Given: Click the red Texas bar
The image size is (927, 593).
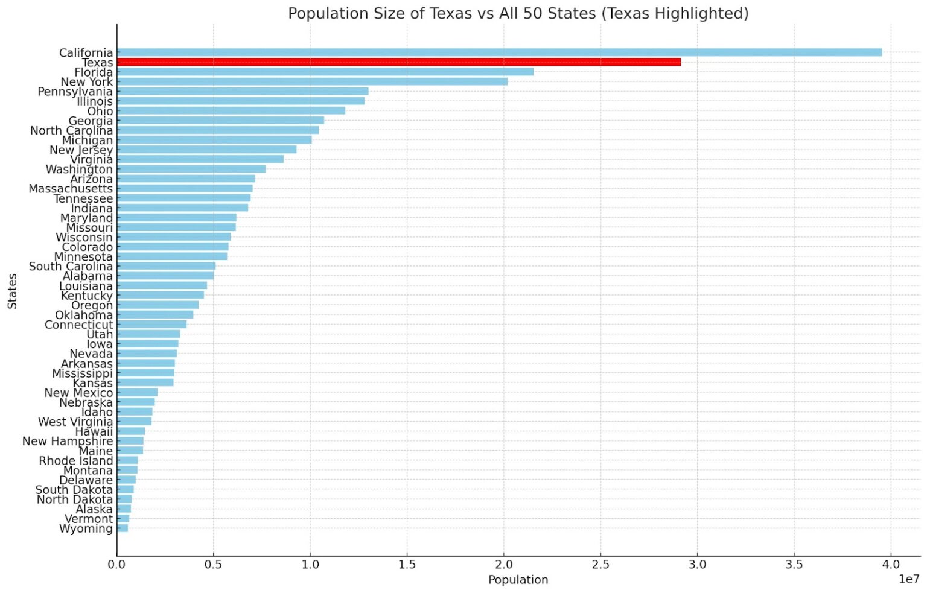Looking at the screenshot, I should (x=398, y=62).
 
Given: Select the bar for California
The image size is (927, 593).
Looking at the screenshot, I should (x=499, y=52).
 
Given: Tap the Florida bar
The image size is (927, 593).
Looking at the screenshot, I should (x=325, y=72).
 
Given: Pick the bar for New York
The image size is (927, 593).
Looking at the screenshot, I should (x=312, y=81).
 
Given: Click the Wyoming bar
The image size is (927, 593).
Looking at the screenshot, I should (x=123, y=528).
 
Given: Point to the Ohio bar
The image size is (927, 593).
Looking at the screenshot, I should (x=231, y=110).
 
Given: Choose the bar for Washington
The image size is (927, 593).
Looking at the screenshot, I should (x=191, y=169).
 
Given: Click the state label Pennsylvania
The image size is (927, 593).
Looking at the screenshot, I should (x=75, y=92).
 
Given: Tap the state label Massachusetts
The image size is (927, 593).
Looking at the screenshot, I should (x=70, y=189).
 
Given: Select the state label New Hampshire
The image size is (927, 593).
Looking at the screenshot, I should (x=67, y=441).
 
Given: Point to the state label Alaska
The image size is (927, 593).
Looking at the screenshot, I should (x=94, y=509).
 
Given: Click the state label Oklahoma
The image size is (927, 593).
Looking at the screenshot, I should (x=83, y=315).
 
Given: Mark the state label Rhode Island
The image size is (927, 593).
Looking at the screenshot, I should (x=75, y=461).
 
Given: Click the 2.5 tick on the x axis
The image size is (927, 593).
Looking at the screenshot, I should (x=600, y=565).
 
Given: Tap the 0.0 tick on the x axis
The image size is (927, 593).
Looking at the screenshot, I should (x=116, y=565).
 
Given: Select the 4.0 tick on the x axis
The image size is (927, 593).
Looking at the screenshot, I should (x=890, y=565).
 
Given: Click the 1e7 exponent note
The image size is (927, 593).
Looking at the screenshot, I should (x=909, y=579).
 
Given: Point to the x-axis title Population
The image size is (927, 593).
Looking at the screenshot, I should (x=518, y=580).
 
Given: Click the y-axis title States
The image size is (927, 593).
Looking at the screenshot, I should (x=12, y=291).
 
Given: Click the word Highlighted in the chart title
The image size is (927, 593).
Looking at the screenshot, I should (x=704, y=13).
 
